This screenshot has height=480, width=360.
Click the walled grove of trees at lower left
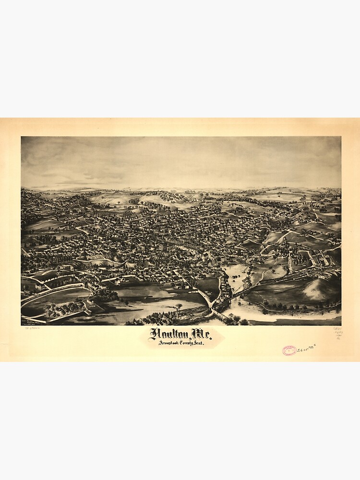72,307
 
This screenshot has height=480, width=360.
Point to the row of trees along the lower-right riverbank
298,306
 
